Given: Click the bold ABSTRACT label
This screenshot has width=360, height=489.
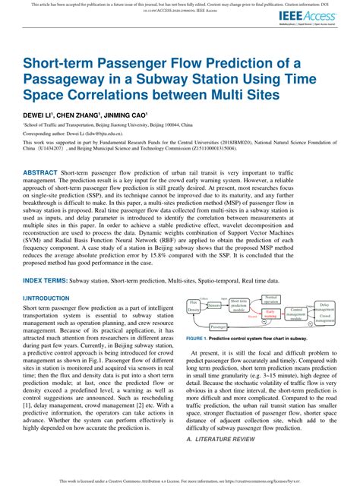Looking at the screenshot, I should click(39, 174).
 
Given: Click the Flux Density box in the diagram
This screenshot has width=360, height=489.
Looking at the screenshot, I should click(193, 308).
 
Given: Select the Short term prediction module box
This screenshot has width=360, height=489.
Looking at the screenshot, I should click(239, 306).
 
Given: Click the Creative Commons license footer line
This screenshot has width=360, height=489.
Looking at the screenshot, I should click(180, 482).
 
